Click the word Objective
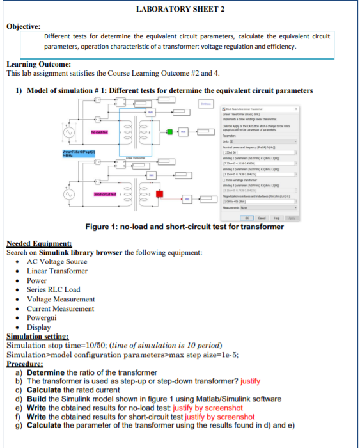(x=23, y=26)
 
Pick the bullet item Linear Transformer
(x=57, y=271)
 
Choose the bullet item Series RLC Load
(x=53, y=289)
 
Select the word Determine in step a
(x=45, y=372)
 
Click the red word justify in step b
(x=250, y=381)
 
